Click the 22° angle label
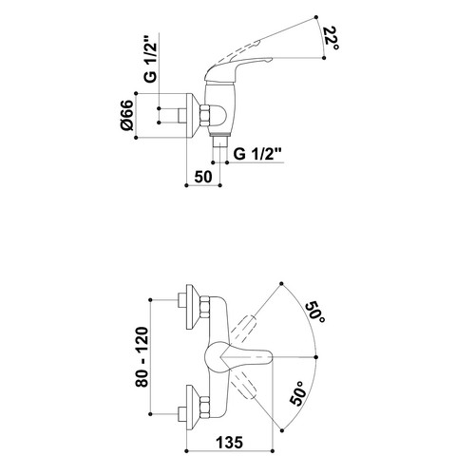[x=331, y=39]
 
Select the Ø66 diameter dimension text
[x=127, y=115]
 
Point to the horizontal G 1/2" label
[x=257, y=154]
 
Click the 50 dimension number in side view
[x=203, y=177]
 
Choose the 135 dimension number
[x=230, y=442]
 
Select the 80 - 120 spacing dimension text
[x=142, y=357]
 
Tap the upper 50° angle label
[x=314, y=313]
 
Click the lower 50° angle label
[x=298, y=393]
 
